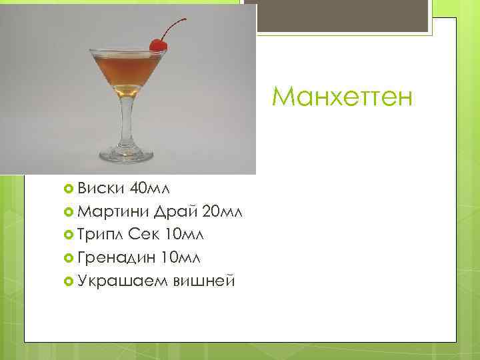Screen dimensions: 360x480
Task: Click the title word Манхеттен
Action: point(343,99)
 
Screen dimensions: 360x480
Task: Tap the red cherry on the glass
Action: point(158,45)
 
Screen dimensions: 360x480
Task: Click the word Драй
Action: point(175,212)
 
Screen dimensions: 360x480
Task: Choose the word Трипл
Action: point(100,235)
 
